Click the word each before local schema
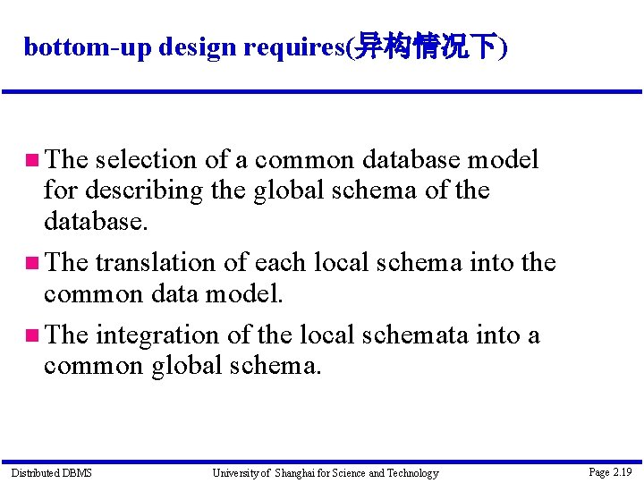coord(277,263)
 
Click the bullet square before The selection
coord(31,161)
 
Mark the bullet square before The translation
coord(31,264)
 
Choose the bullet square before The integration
coord(31,336)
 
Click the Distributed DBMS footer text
coord(51,472)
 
